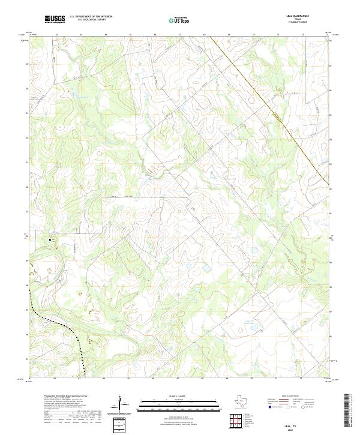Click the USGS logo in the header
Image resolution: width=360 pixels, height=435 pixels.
tap(55, 19)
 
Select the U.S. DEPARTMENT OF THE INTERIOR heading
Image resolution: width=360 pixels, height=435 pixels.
tap(91, 17)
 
